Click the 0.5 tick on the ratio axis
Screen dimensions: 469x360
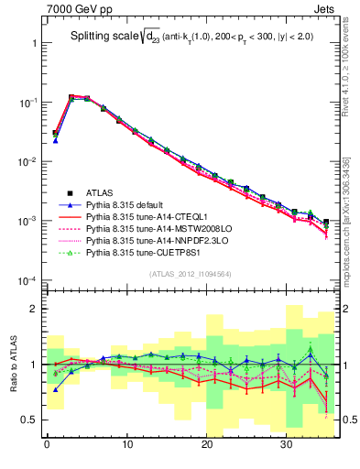[x=27, y=420]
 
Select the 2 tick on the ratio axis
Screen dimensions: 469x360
[x=32, y=310]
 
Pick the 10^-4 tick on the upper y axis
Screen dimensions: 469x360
[x=25, y=280]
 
